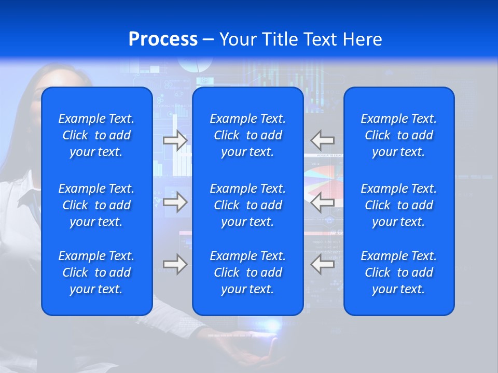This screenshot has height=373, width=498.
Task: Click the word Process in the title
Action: [163, 39]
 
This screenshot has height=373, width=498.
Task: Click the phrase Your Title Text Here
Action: [300, 39]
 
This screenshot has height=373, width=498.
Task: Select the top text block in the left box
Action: [96, 135]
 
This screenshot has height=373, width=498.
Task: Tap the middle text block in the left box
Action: [96, 205]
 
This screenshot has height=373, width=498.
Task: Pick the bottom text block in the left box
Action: [96, 272]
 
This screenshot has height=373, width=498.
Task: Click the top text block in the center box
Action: [247, 135]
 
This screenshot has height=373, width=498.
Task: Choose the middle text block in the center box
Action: [247, 205]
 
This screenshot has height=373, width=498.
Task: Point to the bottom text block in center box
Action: [247, 272]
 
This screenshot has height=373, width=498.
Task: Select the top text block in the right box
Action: [398, 135]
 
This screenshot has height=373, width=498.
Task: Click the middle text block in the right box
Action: [398, 205]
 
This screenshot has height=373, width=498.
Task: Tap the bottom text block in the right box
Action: [398, 272]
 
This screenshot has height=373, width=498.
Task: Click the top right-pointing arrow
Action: [175, 140]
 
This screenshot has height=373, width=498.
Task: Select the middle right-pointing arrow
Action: [175, 202]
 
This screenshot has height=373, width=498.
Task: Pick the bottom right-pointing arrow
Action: [175, 264]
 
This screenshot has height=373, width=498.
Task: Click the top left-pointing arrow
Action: [322, 140]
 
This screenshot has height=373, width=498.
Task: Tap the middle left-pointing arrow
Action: [322, 202]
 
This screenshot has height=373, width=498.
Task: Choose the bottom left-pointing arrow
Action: [322, 264]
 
